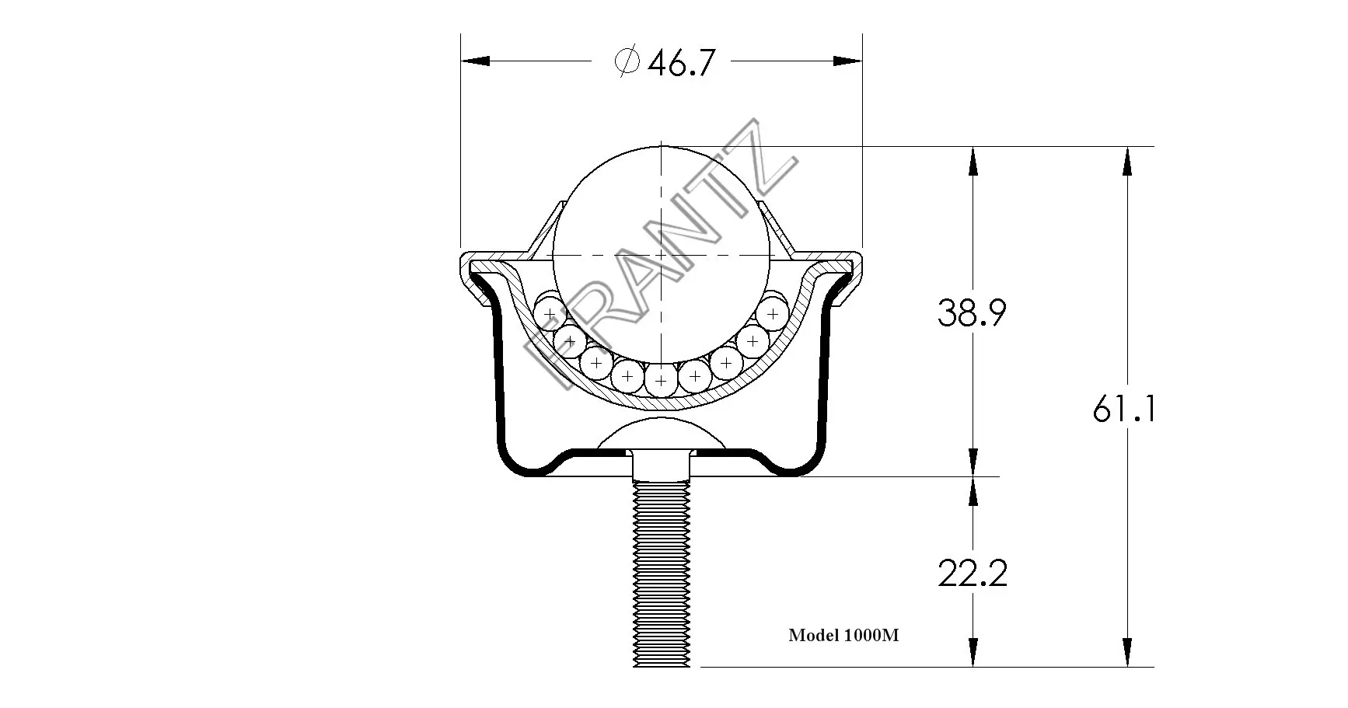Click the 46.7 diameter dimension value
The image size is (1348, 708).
(680, 63)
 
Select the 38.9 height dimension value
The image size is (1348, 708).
(972, 313)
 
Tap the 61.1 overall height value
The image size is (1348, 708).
(1124, 409)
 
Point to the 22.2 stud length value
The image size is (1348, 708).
(972, 574)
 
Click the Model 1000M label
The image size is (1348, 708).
(843, 636)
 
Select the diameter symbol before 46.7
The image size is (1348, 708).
(627, 61)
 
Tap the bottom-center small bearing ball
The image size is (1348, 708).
(661, 381)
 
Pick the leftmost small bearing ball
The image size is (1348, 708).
(550, 314)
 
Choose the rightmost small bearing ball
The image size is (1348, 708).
(772, 314)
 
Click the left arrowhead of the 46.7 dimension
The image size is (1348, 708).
(475, 61)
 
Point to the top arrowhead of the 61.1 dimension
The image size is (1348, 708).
(1127, 161)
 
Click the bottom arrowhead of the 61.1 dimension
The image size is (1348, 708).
(1127, 651)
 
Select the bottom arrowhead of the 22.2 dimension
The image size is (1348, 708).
(973, 651)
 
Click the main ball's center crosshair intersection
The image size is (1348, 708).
(661, 256)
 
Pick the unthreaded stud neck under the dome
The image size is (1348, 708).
(661, 465)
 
